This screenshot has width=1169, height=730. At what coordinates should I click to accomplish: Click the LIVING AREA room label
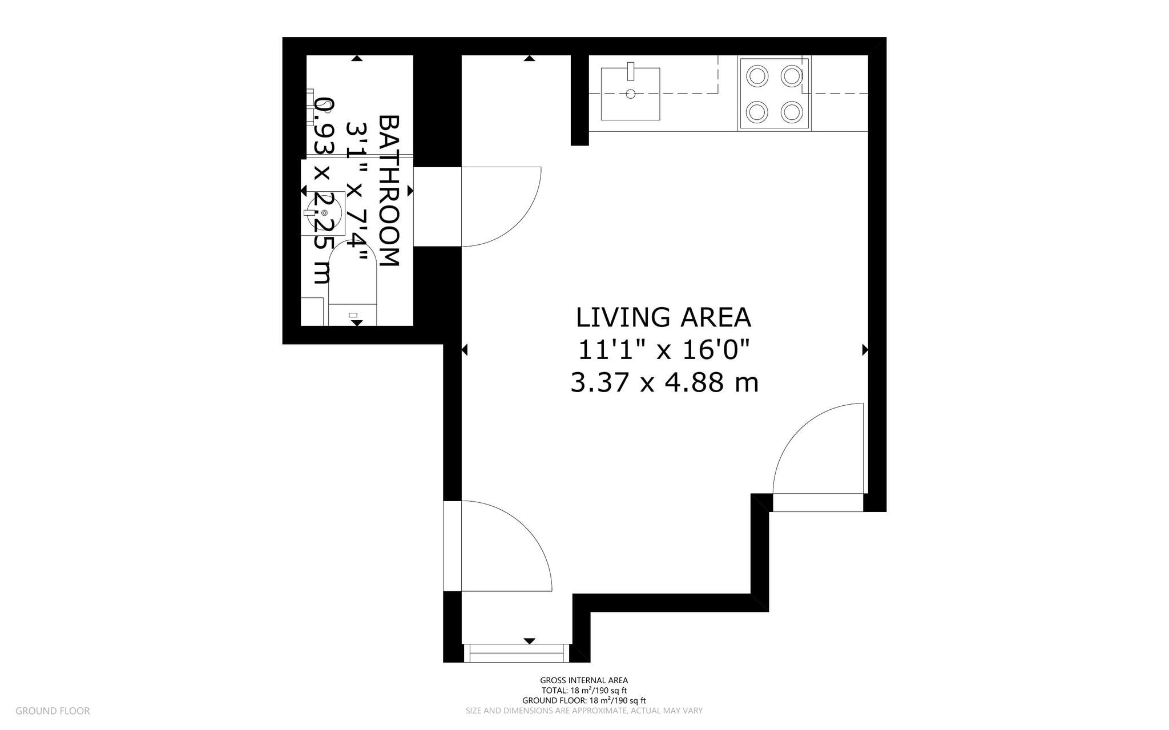click(x=663, y=318)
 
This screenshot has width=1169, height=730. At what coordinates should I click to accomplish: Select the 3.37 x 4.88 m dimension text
click(x=664, y=383)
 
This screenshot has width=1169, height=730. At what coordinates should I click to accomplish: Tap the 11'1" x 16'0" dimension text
click(x=663, y=350)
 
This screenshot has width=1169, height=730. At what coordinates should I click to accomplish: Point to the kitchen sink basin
click(x=630, y=94)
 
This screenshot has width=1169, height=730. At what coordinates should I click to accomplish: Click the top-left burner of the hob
click(x=757, y=76)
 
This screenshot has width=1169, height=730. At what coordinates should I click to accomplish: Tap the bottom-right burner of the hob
click(x=792, y=111)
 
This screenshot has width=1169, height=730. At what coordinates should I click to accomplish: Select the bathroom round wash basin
click(x=324, y=213)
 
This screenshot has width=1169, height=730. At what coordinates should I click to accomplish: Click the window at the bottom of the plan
click(x=517, y=652)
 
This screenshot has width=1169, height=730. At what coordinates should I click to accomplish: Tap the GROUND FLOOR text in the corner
click(x=53, y=711)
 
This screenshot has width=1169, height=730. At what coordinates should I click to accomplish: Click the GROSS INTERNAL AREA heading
click(x=584, y=680)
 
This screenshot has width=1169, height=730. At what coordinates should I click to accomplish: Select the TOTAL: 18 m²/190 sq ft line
click(x=584, y=691)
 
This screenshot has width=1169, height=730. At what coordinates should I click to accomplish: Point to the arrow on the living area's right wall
click(x=865, y=350)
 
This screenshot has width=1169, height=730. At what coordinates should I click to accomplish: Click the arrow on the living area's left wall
click(x=464, y=350)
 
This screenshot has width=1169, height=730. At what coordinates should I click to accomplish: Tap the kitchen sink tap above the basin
click(x=631, y=71)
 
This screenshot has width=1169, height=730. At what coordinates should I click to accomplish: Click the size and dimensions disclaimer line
click(x=584, y=711)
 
